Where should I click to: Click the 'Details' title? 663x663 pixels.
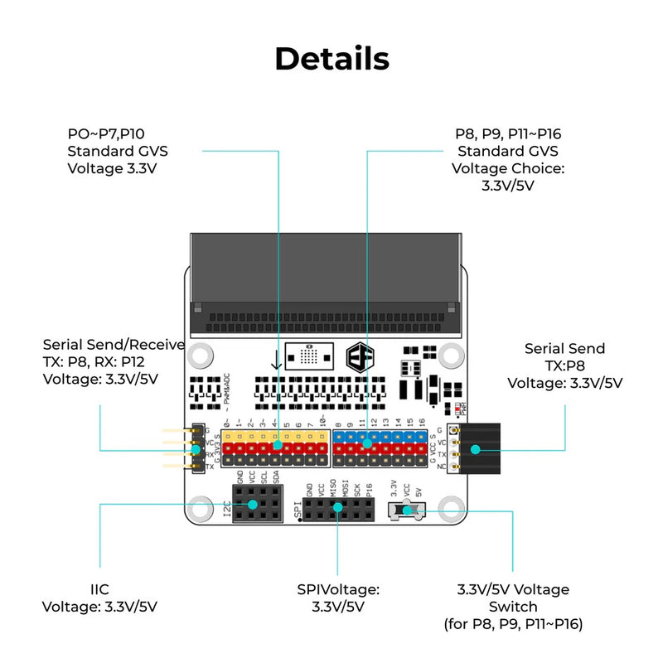tap(331, 59)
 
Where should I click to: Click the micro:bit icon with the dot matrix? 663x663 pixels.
tap(307, 356)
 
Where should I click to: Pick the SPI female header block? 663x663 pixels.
tap(337, 509)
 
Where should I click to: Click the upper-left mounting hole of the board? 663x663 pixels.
tap(199, 356)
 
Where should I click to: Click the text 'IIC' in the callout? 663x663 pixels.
tap(99, 589)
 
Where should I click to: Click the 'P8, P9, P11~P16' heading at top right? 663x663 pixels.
tap(507, 133)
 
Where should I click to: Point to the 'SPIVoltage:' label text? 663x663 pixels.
tap(337, 589)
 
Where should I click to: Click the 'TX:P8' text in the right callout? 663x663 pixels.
tap(564, 365)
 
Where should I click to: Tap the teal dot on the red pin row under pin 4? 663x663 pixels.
tap(277, 446)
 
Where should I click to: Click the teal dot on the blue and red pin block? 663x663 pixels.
tap(366, 444)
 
